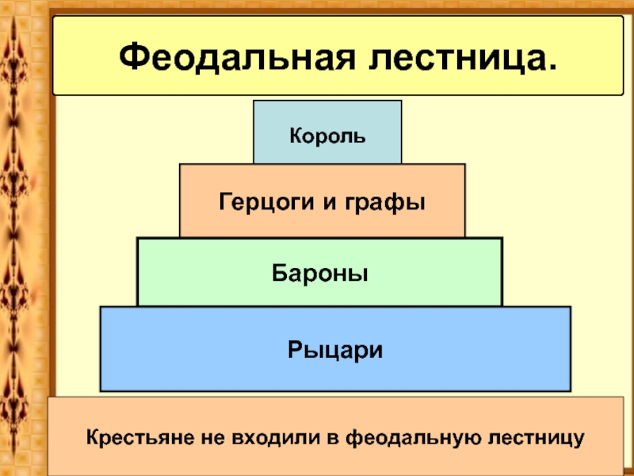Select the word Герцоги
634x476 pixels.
click(264, 202)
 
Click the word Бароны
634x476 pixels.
click(320, 273)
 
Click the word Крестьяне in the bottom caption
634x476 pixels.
click(136, 437)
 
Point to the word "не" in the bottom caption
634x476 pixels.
click(210, 437)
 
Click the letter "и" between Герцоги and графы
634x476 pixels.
click(327, 202)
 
